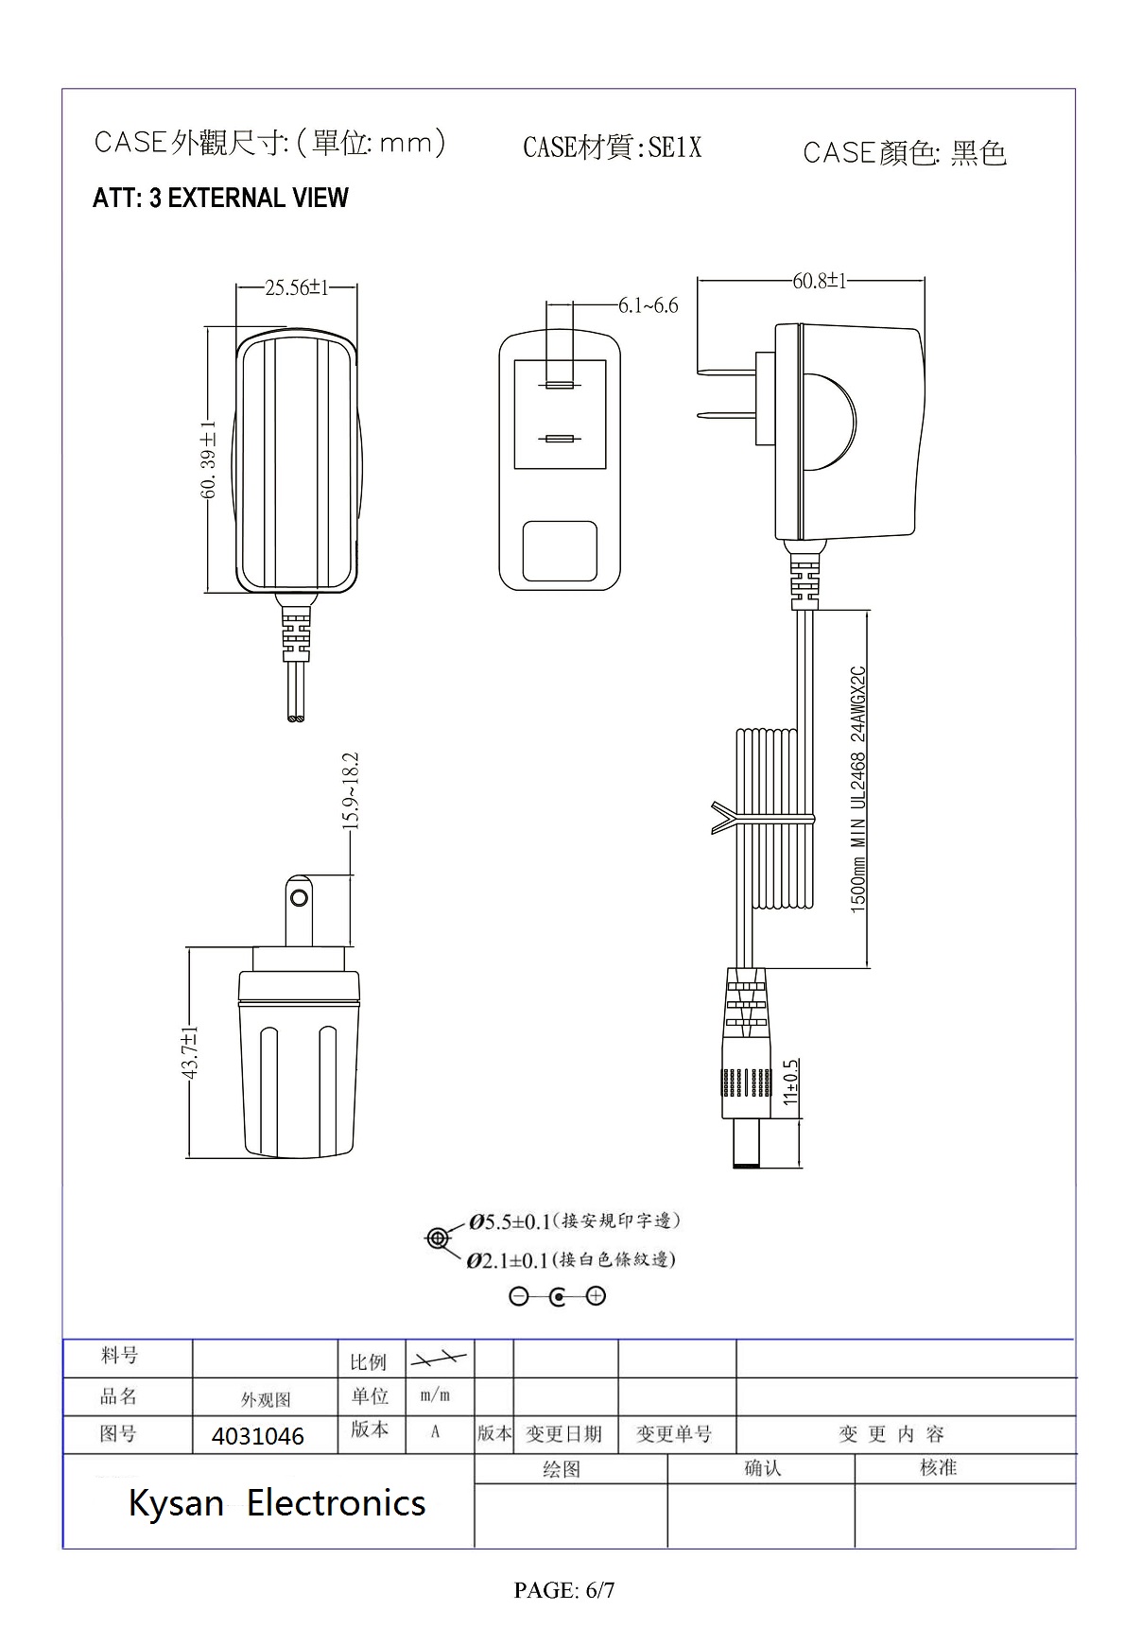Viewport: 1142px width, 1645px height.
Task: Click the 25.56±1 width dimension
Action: [x=296, y=287]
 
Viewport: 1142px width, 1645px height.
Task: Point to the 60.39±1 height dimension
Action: [x=209, y=459]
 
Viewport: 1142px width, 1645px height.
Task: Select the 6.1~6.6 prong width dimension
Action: [x=648, y=305]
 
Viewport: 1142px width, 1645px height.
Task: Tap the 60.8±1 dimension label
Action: [x=819, y=281]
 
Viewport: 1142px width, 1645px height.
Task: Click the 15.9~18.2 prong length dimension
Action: [x=351, y=790]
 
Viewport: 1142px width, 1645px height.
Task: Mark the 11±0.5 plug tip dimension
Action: [x=791, y=1082]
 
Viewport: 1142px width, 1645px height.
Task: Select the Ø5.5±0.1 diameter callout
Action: [x=510, y=1221]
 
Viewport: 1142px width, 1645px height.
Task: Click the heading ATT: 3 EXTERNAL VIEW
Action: [x=220, y=199]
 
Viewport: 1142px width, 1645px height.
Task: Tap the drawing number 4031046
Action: [x=258, y=1436]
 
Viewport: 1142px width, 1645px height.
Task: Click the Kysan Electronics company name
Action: [x=277, y=1502]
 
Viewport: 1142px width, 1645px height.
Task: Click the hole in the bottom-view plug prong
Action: [x=300, y=896]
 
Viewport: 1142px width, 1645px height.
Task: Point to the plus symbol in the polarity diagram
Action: [x=596, y=1296]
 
